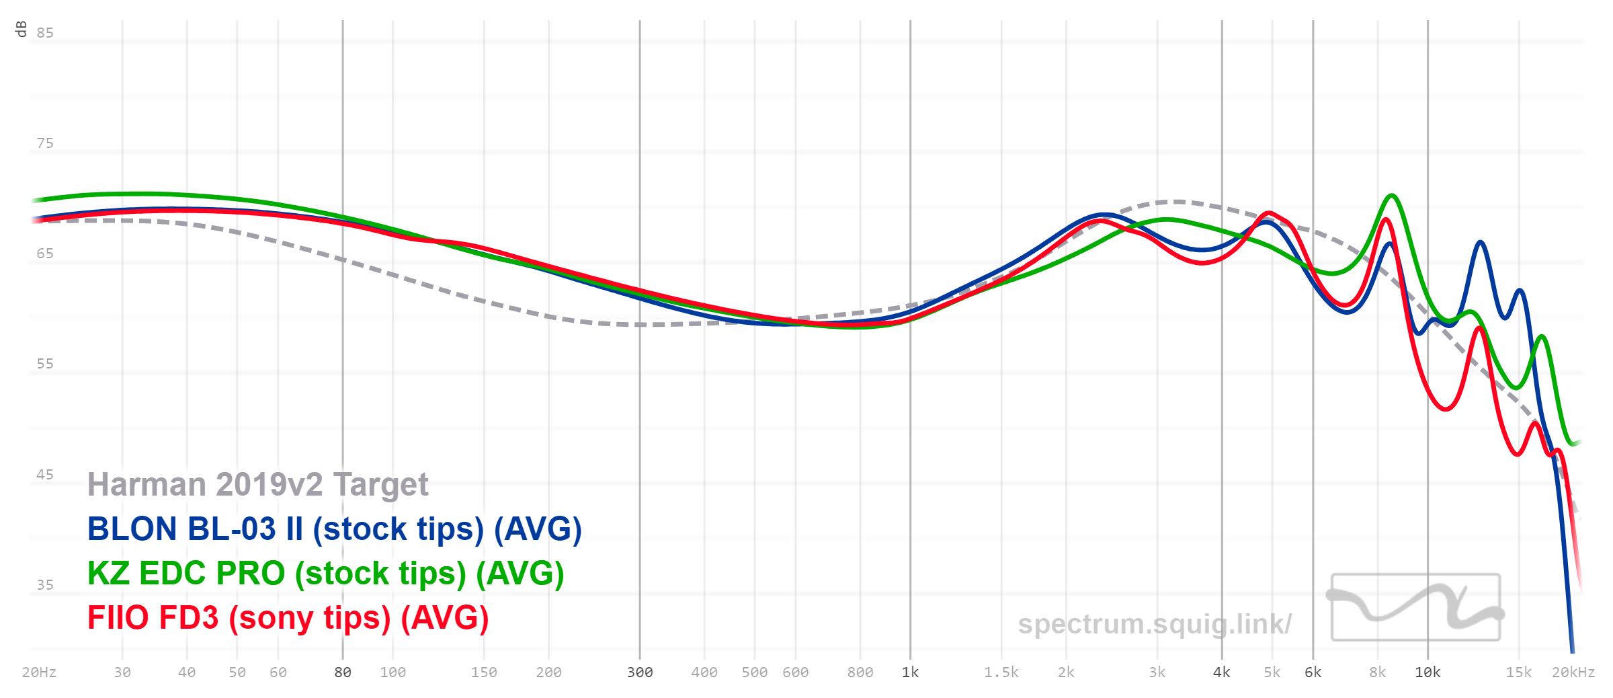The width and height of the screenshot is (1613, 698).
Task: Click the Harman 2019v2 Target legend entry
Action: [x=257, y=485]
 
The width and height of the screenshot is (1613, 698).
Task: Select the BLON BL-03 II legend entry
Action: [x=334, y=529]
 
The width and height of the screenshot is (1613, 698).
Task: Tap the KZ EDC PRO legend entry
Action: [x=325, y=574]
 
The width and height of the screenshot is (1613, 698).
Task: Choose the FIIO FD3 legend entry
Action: [x=288, y=618]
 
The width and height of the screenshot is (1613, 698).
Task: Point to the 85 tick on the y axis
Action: [x=45, y=33]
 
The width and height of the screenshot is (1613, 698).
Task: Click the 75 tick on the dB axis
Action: [x=45, y=143]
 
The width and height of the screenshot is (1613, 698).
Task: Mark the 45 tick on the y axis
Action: [x=45, y=475]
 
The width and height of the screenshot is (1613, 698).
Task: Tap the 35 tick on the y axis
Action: [x=45, y=585]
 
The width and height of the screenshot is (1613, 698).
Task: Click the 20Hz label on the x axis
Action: [x=39, y=672]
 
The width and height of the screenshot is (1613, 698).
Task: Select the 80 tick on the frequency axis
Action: [x=343, y=672]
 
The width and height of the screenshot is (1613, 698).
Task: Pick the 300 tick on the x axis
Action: [x=640, y=672]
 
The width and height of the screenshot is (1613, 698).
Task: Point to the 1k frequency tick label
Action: [x=910, y=672]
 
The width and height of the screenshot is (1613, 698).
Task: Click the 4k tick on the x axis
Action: [x=1222, y=672]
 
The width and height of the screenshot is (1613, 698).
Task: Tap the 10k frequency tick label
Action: [x=1428, y=672]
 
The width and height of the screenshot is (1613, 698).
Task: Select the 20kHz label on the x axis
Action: [x=1573, y=672]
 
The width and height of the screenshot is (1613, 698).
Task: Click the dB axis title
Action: [x=21, y=29]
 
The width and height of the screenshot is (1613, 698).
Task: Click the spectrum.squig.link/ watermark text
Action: [x=1154, y=624]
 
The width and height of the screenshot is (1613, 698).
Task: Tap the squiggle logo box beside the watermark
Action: [x=1415, y=607]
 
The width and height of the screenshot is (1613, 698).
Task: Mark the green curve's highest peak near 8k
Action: [x=1391, y=196]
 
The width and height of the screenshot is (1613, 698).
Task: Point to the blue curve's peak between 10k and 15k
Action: [x=1480, y=242]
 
